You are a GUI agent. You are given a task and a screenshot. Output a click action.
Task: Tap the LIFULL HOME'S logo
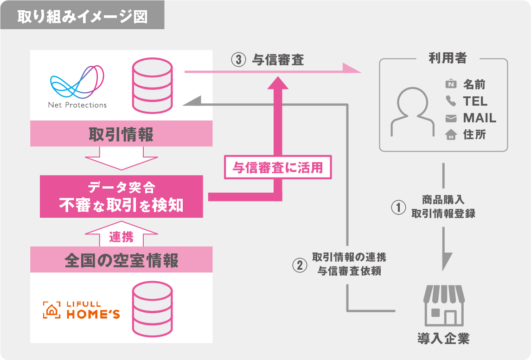(x=82, y=310)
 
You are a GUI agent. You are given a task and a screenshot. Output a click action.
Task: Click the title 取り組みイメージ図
(x=82, y=17)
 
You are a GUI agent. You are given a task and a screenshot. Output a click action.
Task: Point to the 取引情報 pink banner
(x=121, y=135)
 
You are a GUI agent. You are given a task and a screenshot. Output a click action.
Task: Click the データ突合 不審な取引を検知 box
(x=121, y=196)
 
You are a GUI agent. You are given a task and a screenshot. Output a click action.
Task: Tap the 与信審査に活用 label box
(x=278, y=167)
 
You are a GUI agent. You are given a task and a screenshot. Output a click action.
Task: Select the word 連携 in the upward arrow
(x=122, y=237)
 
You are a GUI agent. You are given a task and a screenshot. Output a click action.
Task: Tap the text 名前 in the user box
(x=474, y=84)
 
